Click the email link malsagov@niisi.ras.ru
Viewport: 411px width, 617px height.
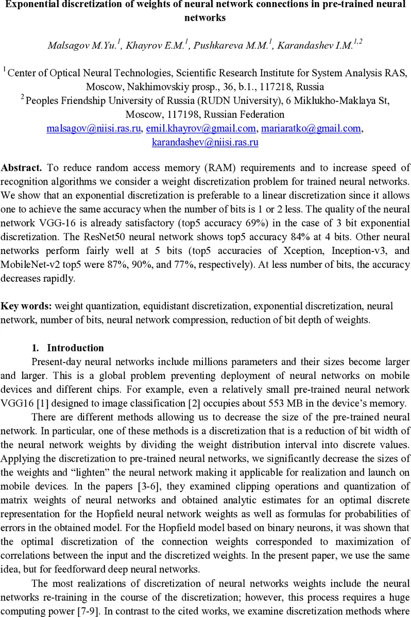94,129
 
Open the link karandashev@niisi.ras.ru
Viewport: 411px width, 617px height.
205,142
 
